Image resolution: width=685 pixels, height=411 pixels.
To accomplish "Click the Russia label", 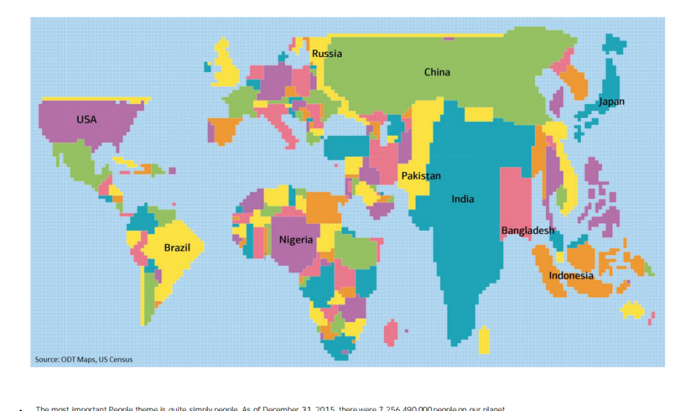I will pyautogui.click(x=327, y=53).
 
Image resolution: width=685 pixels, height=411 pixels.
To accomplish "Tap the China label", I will pyautogui.click(x=437, y=72).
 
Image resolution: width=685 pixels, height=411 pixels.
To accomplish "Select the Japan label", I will pyautogui.click(x=611, y=102).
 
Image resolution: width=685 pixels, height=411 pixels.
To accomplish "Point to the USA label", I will pyautogui.click(x=86, y=119).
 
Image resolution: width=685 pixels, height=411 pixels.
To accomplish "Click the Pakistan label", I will pyautogui.click(x=421, y=176).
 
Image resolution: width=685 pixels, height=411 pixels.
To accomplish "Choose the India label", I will pyautogui.click(x=462, y=199).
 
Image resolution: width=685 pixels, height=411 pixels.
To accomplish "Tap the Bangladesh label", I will pyautogui.click(x=527, y=230).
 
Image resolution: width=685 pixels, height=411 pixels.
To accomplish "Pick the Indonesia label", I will pyautogui.click(x=571, y=275).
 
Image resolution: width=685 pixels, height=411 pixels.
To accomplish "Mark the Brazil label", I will pyautogui.click(x=177, y=247).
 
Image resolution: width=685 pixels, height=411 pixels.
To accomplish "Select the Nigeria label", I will pyautogui.click(x=296, y=240).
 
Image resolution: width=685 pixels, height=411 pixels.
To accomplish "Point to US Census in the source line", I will pyautogui.click(x=116, y=360).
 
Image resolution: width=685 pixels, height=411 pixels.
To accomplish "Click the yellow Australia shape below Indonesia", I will pyautogui.click(x=633, y=310).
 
